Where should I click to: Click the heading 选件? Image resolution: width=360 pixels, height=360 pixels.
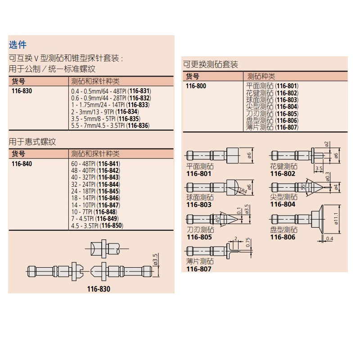click(x=18, y=45)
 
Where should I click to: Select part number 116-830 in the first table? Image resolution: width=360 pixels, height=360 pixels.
click(x=22, y=90)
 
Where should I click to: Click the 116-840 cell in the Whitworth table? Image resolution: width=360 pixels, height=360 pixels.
click(x=22, y=164)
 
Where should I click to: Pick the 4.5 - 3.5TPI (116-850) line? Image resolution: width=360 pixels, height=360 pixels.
click(x=97, y=226)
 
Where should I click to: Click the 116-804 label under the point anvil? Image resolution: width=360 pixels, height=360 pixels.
click(x=283, y=204)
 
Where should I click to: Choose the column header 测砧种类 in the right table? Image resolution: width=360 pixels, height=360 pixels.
click(x=261, y=76)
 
